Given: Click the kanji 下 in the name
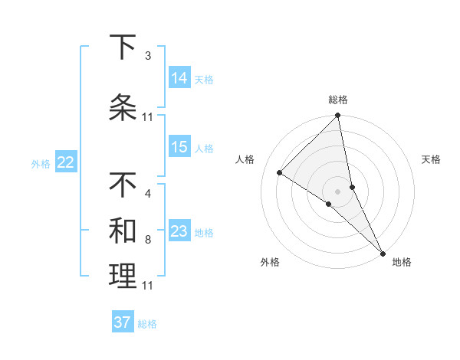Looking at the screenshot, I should (123, 47).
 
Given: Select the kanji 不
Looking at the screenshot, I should (123, 185).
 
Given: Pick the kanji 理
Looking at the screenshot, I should (123, 276).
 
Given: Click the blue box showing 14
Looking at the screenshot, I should (179, 78).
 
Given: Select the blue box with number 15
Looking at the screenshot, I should (179, 147).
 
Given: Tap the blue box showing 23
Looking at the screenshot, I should (179, 231).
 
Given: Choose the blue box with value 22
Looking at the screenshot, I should (66, 162).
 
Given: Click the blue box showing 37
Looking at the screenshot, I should (123, 322).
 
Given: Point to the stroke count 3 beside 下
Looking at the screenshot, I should (147, 56).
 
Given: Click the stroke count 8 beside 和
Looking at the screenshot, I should (147, 240).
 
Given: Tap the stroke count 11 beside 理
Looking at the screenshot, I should (147, 286).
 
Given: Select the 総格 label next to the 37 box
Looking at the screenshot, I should (147, 324).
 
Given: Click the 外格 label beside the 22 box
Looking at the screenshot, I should (41, 163).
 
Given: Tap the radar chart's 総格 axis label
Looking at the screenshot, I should (338, 100).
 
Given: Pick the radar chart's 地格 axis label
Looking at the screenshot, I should (402, 262).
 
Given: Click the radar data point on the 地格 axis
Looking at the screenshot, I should (381, 251).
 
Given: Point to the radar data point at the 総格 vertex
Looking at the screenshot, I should (337, 116).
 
